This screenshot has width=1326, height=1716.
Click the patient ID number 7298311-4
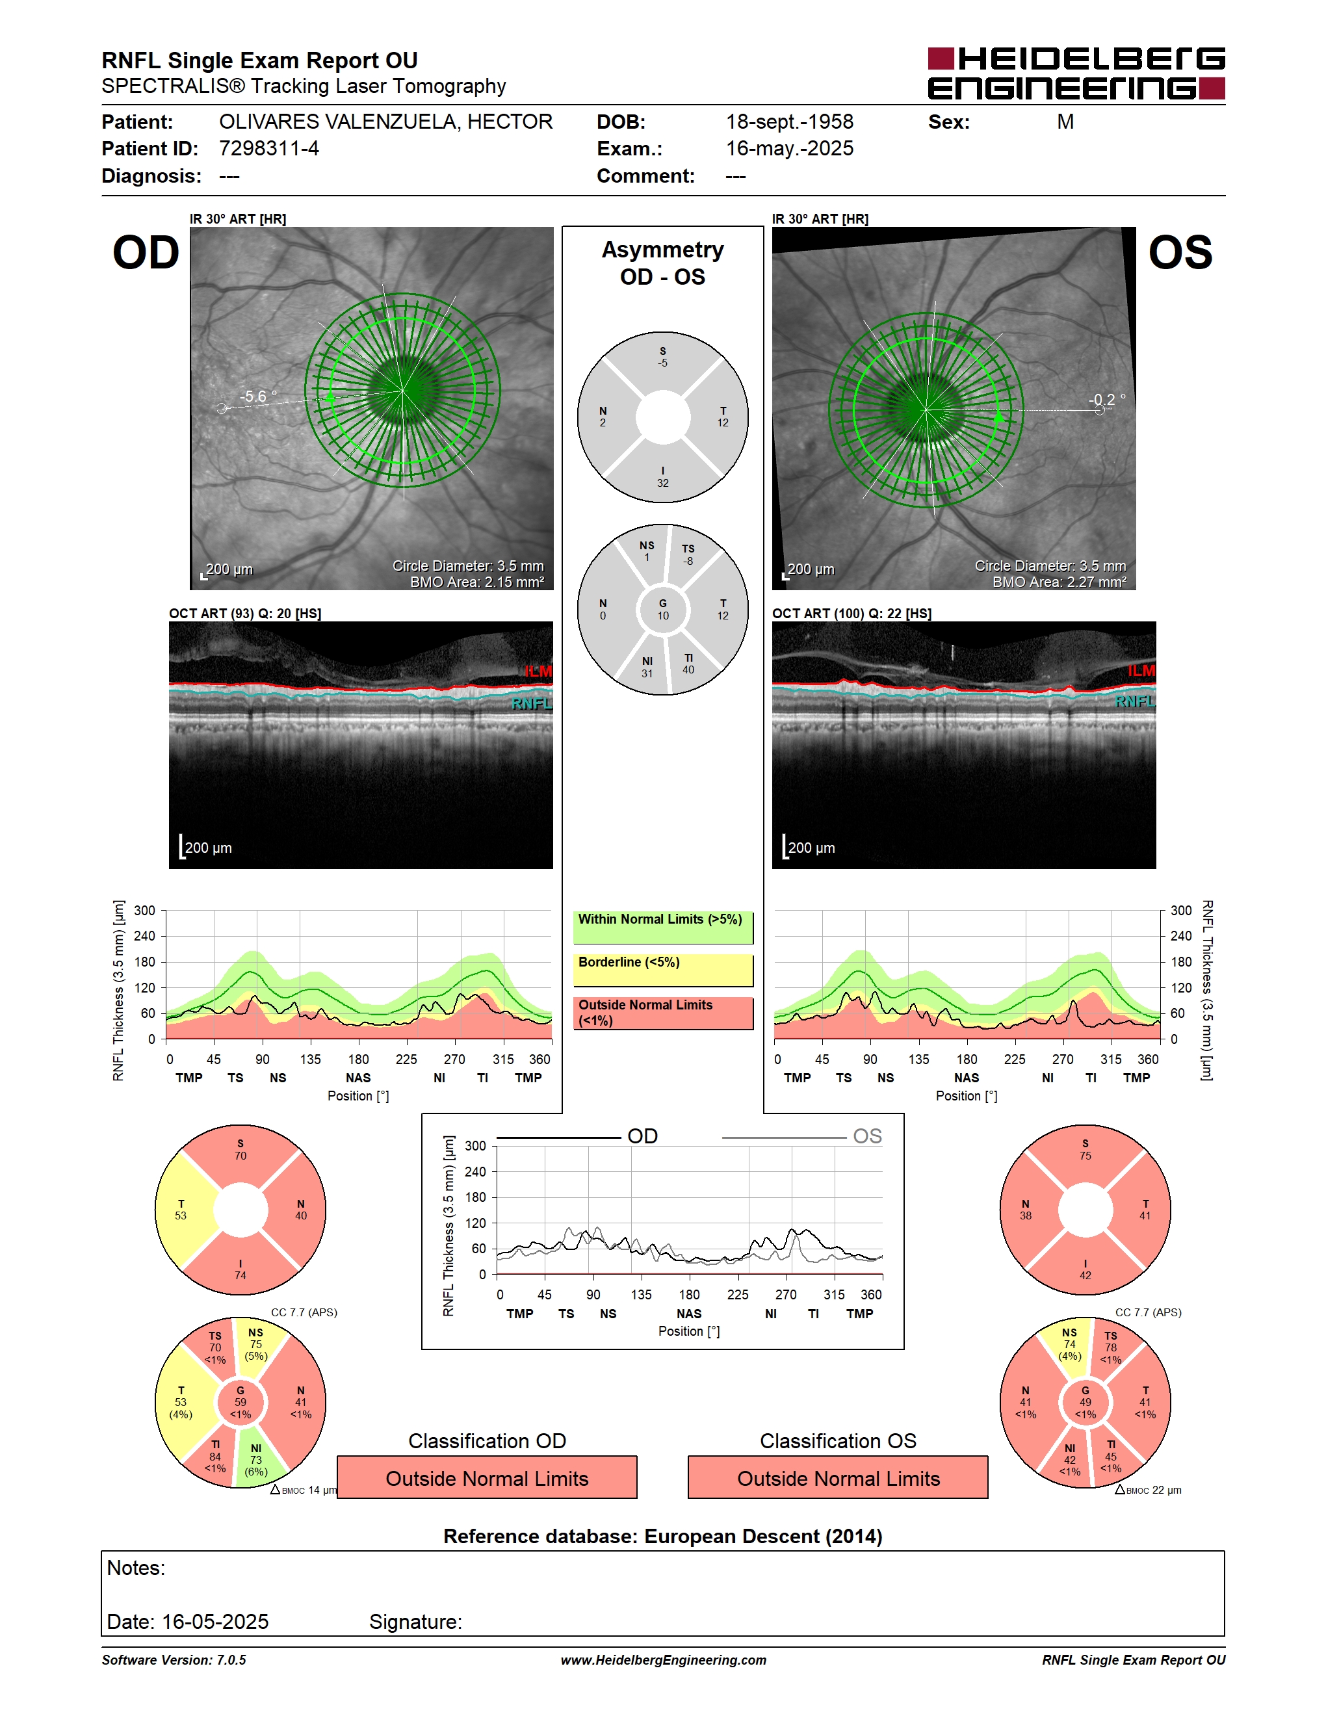(x=268, y=148)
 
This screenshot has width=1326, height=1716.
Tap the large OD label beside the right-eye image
(x=146, y=253)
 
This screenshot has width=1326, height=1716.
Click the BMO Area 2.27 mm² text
(x=1059, y=582)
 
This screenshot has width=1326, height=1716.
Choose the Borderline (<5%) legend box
(x=663, y=970)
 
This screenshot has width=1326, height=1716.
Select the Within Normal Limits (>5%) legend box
(x=663, y=927)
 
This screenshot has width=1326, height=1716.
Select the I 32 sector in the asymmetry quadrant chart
(x=663, y=474)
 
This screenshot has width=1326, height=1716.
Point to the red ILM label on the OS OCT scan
(x=1141, y=670)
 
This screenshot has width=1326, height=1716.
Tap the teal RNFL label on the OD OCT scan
(x=532, y=703)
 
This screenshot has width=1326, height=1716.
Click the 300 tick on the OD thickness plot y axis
(x=144, y=911)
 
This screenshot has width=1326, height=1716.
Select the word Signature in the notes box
(x=415, y=1622)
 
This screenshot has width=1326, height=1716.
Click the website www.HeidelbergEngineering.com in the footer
(x=663, y=1660)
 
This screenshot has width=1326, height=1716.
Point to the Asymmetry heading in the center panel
(x=663, y=250)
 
